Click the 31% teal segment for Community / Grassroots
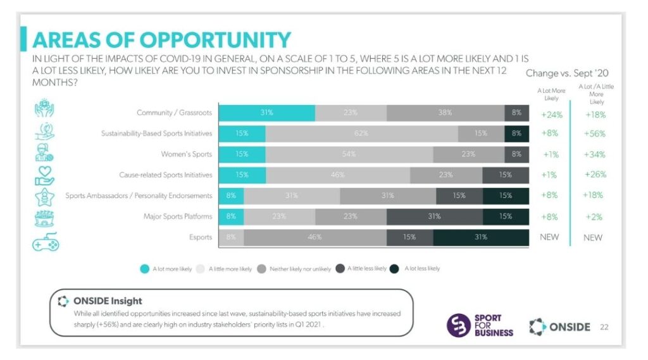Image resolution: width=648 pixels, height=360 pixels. [266, 113]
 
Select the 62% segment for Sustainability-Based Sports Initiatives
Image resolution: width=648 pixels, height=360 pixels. [361, 133]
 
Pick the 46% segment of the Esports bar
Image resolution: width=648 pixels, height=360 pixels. [315, 238]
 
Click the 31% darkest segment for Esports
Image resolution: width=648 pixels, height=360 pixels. [480, 238]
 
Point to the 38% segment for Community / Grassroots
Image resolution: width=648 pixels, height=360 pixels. [445, 113]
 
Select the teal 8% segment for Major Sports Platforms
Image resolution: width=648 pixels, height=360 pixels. [230, 216]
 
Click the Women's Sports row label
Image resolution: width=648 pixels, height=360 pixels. [187, 154]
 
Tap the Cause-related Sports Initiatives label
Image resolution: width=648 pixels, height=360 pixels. [166, 175]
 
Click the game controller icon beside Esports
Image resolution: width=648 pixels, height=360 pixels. [46, 241]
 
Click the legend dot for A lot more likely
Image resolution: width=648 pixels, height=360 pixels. [145, 268]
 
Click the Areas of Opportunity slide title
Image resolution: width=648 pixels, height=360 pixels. [161, 39]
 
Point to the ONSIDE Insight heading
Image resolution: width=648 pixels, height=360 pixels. [108, 301]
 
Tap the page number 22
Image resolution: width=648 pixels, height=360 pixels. [604, 326]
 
